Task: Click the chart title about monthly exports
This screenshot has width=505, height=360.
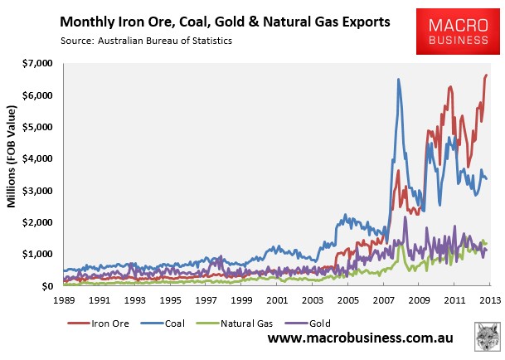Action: coord(225,22)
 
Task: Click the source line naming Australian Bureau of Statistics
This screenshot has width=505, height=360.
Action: coord(146,41)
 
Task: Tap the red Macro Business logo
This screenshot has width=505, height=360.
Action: coord(458,32)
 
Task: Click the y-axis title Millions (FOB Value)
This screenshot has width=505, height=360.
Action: coord(12,156)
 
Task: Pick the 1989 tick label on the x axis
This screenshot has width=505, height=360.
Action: coord(64,300)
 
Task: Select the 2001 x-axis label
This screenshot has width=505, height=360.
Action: coord(277,300)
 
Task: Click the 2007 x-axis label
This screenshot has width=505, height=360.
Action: coord(384,300)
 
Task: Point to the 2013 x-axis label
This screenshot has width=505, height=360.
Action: coord(490,300)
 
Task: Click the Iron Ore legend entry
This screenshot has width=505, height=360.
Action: coord(98,324)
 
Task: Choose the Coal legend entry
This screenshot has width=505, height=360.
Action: coord(163,324)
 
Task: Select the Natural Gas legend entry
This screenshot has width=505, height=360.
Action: coord(235,324)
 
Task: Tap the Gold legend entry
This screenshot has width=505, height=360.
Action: coord(308,324)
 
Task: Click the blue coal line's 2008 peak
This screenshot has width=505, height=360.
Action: coord(398,79)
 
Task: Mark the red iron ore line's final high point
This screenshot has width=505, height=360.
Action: coord(486,75)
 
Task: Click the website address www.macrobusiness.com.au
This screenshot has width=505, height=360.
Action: coord(361,338)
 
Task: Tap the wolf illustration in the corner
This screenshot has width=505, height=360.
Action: coord(488,336)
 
